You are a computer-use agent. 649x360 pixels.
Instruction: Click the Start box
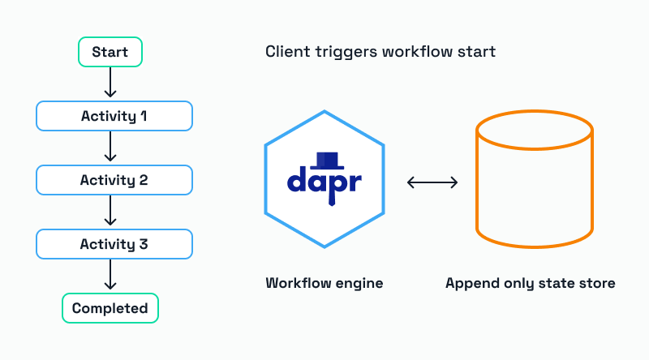coord(110,53)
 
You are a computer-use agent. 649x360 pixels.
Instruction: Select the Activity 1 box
coord(114,116)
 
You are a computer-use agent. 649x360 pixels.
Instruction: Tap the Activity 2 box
coord(114,180)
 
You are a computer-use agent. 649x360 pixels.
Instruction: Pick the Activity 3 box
coord(114,244)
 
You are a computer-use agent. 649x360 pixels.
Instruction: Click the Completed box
coord(110,308)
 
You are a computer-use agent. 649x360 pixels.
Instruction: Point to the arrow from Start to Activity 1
coord(111,84)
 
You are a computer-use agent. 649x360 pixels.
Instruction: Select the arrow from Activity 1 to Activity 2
coord(111,148)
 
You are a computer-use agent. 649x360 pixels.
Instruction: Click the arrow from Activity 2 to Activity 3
coord(111,212)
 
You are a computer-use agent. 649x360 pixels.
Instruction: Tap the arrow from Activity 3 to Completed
coord(111,276)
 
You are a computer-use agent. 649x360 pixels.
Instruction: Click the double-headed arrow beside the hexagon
coord(432,183)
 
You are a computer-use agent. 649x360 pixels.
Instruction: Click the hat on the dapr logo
coord(328,159)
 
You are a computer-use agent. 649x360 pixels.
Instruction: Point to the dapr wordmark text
coord(324,183)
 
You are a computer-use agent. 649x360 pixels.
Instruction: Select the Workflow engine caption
coord(324,284)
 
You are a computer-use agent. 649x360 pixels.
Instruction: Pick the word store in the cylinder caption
coord(596,284)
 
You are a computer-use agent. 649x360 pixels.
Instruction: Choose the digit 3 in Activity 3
coord(144,244)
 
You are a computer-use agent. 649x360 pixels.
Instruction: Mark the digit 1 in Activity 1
coord(144,116)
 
